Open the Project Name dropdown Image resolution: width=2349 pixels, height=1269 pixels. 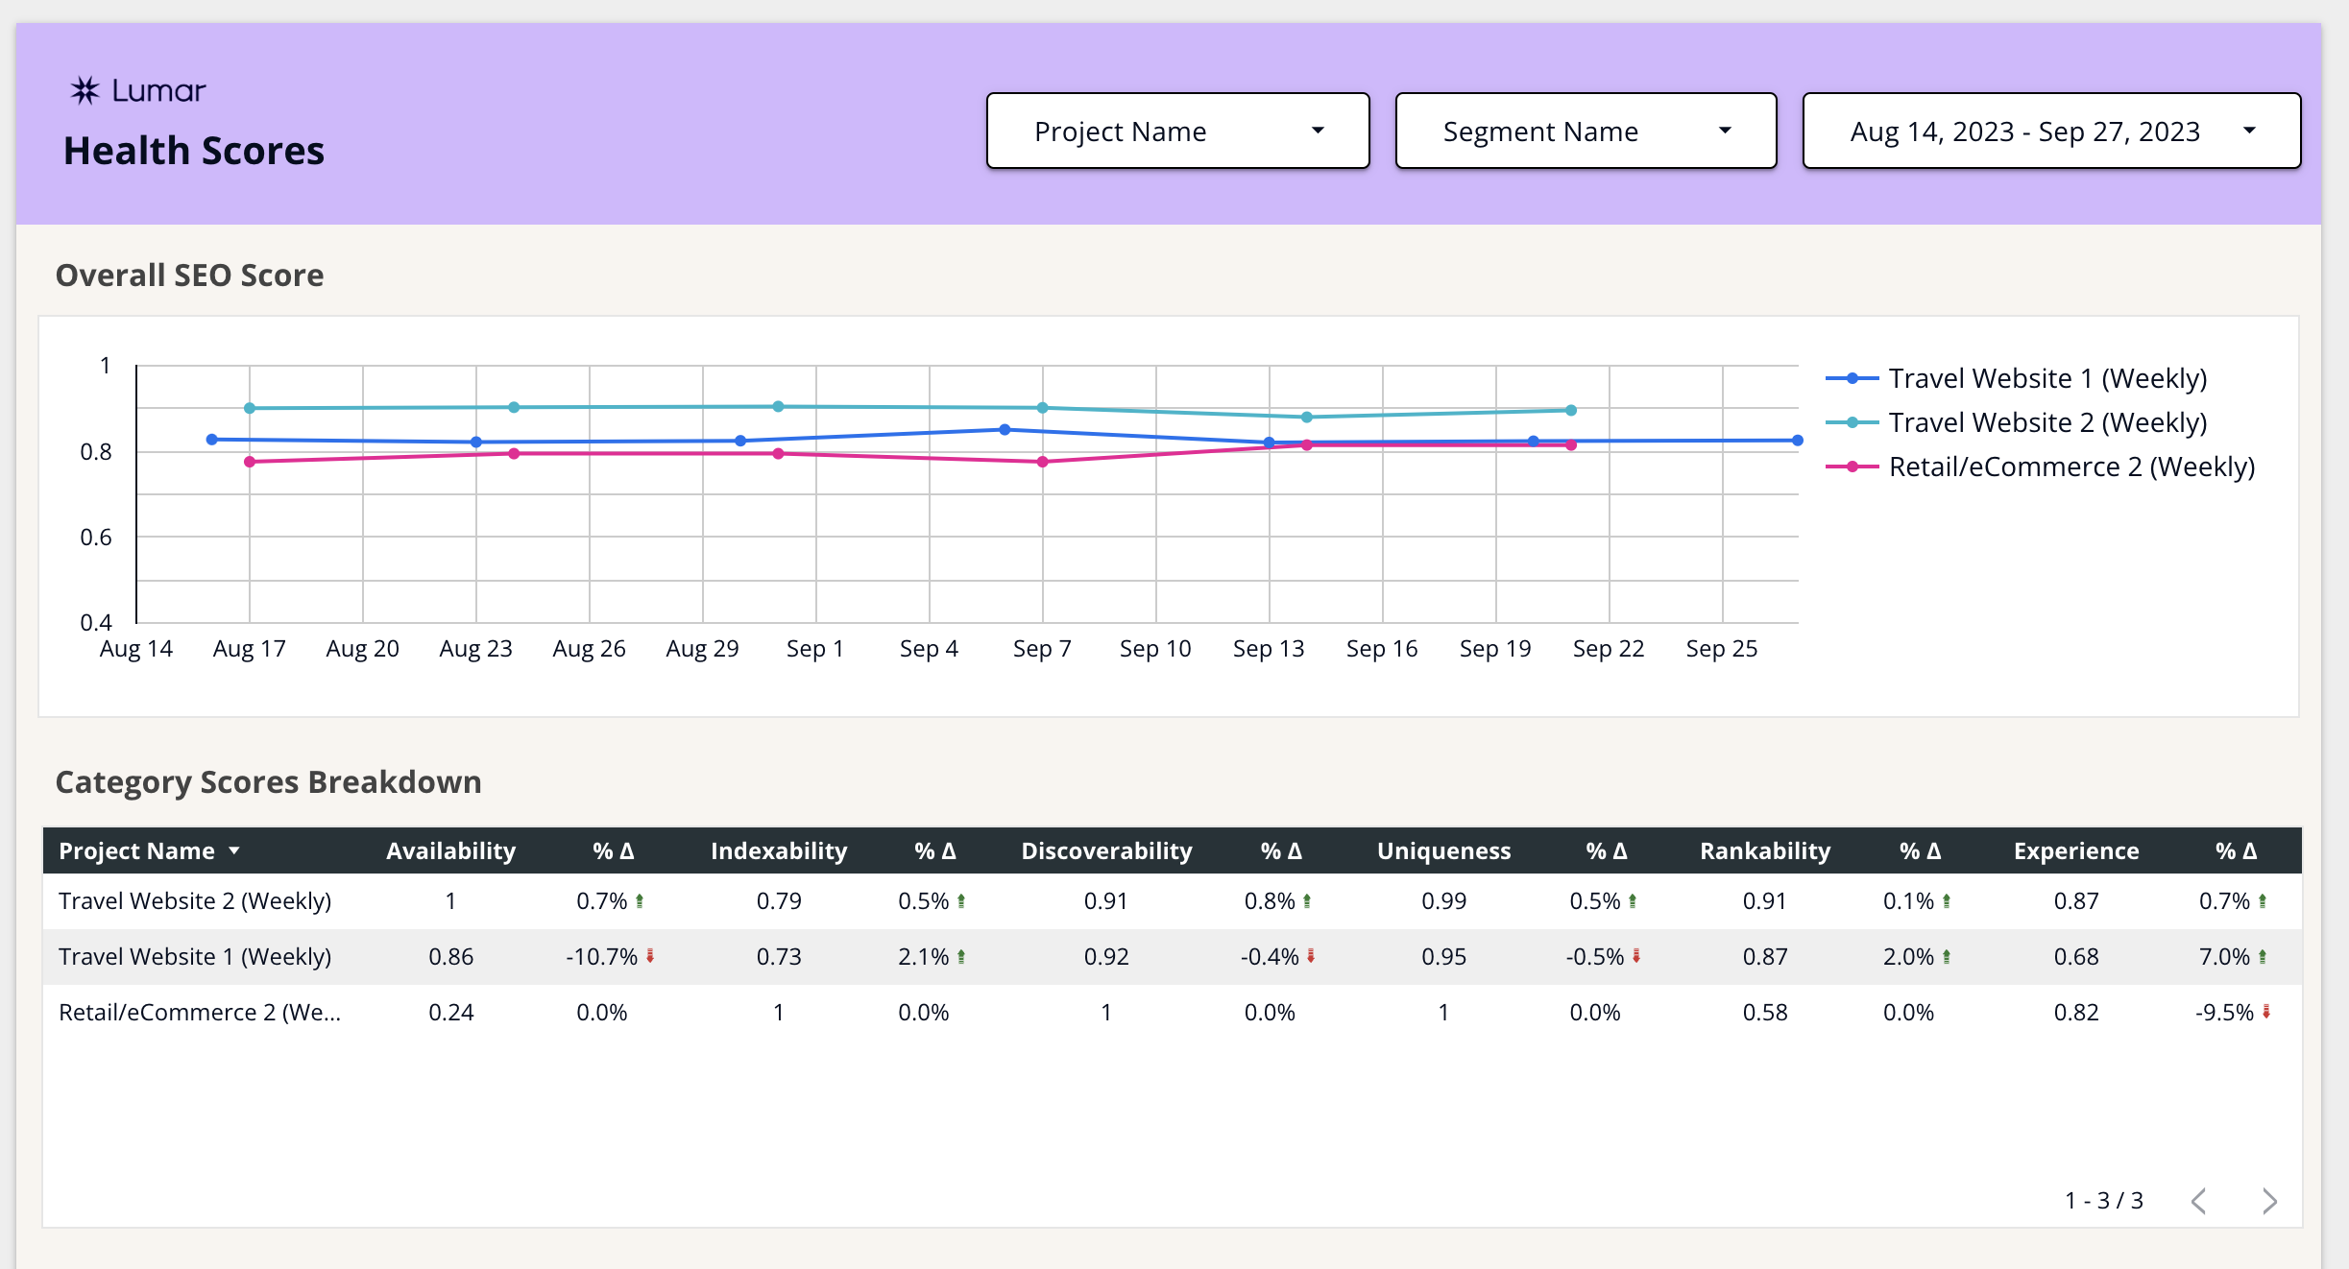click(1177, 131)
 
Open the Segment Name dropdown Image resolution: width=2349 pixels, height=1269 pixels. click(1585, 131)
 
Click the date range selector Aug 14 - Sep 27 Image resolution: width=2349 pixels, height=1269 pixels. click(2050, 131)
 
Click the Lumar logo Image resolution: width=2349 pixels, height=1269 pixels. click(138, 90)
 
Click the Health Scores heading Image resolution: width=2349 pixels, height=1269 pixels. click(194, 151)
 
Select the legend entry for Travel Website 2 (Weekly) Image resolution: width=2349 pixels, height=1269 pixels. click(2046, 422)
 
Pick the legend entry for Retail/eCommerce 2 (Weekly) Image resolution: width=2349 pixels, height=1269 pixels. click(2071, 467)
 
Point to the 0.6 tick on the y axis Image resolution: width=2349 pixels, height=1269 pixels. click(96, 538)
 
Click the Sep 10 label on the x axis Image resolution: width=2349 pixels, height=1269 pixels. click(1155, 649)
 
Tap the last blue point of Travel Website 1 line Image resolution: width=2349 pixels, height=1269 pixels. click(1797, 441)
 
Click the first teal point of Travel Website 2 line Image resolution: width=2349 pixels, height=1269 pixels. click(250, 408)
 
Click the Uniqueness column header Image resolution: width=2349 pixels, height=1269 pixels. click(1443, 850)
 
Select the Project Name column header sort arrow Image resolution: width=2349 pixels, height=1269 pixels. click(234, 850)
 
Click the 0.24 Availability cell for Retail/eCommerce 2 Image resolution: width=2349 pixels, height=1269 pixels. click(450, 1012)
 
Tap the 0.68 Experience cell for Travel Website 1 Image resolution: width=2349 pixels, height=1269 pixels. click(2075, 956)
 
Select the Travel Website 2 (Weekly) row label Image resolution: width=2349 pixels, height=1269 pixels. click(195, 900)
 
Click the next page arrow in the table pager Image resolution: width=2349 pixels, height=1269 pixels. click(2269, 1201)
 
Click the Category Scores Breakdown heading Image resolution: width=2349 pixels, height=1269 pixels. click(269, 781)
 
